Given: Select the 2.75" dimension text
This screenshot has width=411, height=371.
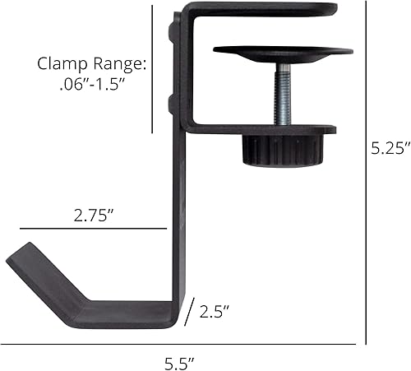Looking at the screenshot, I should (x=93, y=216).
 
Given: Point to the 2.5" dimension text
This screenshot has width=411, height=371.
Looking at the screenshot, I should (x=214, y=312).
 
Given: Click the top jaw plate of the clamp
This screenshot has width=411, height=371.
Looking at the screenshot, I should (x=263, y=9).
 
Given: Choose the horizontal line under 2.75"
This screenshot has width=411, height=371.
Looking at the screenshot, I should (x=92, y=229).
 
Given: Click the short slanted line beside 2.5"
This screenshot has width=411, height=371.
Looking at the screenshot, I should (x=191, y=312).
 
